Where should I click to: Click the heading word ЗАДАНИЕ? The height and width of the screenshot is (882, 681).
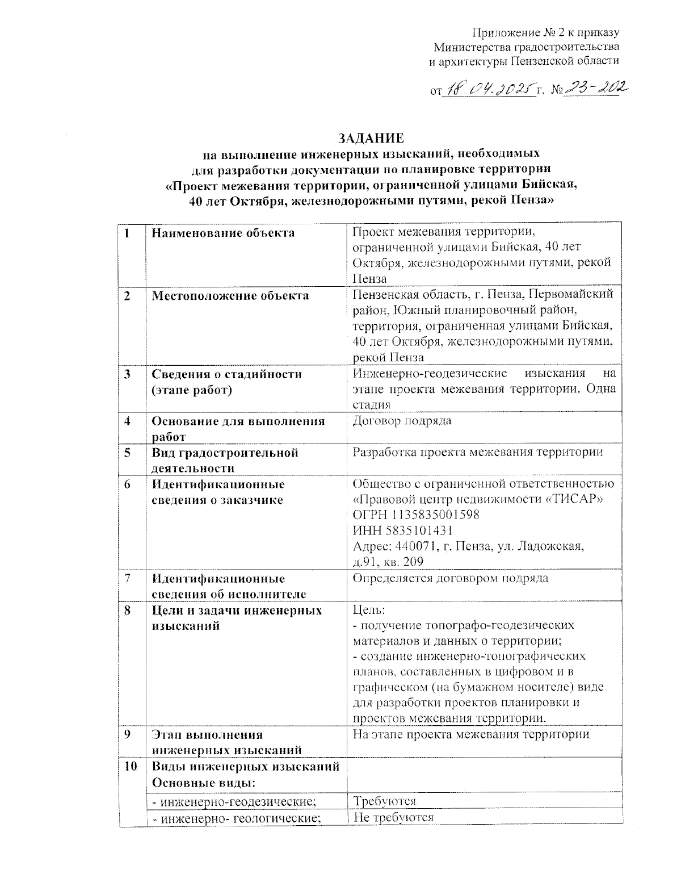[x=371, y=138]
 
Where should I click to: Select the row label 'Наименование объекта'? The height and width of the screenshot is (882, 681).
[x=223, y=233]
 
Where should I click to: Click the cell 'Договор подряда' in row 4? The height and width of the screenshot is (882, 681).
[x=402, y=421]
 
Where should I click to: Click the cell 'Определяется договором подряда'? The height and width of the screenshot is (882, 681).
[x=451, y=579]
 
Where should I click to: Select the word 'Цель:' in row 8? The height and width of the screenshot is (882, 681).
[x=369, y=611]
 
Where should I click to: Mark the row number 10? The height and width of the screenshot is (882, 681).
[x=131, y=766]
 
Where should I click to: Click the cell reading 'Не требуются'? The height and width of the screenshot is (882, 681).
[x=393, y=817]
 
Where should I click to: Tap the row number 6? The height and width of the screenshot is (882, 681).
[x=128, y=484]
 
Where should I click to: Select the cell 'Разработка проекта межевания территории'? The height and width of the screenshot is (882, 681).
[x=477, y=453]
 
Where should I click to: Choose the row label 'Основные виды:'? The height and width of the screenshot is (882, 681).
[x=203, y=782]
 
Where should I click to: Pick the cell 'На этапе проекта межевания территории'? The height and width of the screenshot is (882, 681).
[x=471, y=734]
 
